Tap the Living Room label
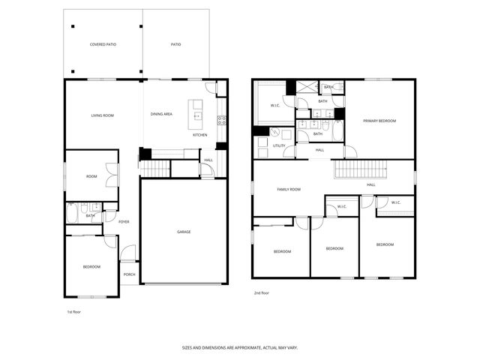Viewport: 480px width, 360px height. [x=102, y=115]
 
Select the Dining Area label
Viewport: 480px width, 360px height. [x=162, y=114]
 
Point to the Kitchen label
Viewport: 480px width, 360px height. [x=200, y=135]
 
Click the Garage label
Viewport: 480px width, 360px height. [x=184, y=232]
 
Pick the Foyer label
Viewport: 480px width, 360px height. [x=124, y=221]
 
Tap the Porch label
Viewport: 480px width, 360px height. [x=129, y=274]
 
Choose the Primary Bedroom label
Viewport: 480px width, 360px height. [x=379, y=121]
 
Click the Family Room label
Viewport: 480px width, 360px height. [x=289, y=190]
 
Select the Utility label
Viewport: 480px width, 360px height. [x=279, y=145]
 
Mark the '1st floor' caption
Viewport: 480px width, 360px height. [x=74, y=311]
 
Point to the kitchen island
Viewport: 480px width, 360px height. [x=197, y=110]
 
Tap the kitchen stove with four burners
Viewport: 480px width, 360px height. [x=221, y=119]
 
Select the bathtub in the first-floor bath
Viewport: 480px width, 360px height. [x=71, y=214]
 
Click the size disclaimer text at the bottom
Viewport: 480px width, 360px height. [x=239, y=347]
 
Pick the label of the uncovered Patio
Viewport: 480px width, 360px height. [x=175, y=45]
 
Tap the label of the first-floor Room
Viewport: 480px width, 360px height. [x=91, y=176]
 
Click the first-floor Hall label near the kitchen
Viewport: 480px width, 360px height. [x=208, y=160]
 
